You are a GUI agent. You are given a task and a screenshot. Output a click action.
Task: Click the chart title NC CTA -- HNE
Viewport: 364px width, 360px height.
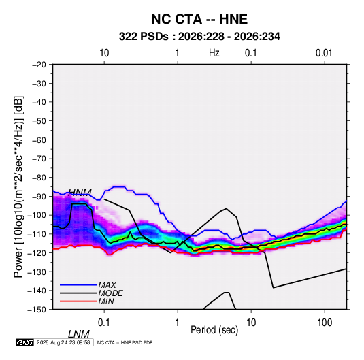click(x=199, y=19)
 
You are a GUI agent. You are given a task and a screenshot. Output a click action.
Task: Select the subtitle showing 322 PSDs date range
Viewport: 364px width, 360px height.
click(x=199, y=37)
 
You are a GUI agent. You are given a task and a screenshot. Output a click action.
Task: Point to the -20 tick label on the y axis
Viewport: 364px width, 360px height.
click(x=39, y=65)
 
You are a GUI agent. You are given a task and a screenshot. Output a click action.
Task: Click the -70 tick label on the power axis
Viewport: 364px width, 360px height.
click(x=39, y=159)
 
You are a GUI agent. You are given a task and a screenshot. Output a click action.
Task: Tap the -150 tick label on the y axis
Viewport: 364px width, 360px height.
click(x=37, y=310)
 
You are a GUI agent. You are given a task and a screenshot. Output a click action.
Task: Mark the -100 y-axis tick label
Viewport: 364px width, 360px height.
click(x=37, y=215)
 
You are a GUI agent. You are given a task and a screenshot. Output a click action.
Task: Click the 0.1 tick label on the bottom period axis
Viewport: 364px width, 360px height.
click(x=103, y=323)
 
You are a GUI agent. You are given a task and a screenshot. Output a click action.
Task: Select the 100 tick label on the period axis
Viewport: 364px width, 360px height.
click(x=325, y=323)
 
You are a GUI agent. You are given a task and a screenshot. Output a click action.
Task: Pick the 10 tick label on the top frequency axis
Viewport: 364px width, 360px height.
click(x=104, y=53)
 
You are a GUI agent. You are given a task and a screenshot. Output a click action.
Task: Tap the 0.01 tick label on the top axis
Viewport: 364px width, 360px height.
click(x=324, y=53)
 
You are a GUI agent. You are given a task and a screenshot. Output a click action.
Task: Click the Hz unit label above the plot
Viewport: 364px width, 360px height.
click(x=214, y=53)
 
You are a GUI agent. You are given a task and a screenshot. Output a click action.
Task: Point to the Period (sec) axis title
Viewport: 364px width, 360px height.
click(x=214, y=330)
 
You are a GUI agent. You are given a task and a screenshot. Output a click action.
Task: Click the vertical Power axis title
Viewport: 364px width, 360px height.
click(x=18, y=187)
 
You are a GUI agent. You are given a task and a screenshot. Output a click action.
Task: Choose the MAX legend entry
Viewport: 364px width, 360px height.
click(x=107, y=285)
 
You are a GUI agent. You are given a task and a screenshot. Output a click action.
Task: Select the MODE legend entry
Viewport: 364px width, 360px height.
click(x=110, y=293)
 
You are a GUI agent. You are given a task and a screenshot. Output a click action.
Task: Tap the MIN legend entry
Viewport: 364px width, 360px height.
click(x=106, y=301)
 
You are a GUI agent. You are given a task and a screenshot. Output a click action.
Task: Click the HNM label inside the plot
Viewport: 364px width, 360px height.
click(x=80, y=192)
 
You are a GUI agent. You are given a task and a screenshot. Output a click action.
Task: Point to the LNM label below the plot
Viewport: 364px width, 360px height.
click(x=79, y=334)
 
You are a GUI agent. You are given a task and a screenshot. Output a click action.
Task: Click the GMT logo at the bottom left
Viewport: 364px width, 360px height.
click(x=25, y=342)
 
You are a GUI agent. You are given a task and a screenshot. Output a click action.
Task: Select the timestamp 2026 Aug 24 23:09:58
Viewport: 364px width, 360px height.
click(x=63, y=342)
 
